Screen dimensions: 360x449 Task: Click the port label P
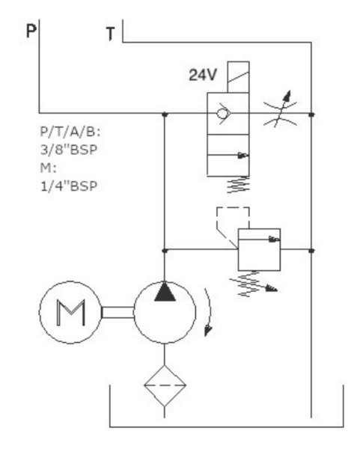pos(31,31)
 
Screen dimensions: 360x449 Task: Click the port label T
pos(110,34)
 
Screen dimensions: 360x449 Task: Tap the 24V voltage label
pos(203,75)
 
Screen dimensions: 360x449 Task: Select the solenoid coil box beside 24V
pos(238,77)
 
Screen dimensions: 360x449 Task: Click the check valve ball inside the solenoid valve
pos(222,114)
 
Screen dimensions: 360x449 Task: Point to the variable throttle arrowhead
pos(287,96)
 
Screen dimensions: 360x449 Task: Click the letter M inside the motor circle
pos(71,312)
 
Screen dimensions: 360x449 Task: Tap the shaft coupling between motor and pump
pos(118,312)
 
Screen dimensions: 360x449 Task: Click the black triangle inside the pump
pos(165,291)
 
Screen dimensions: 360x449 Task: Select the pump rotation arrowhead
pos(208,330)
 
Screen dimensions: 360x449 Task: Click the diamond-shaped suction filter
pos(165,385)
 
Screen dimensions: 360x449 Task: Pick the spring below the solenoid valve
pos(238,185)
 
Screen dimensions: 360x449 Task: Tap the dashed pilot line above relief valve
pos(233,207)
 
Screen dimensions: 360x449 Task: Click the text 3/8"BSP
pos(69,150)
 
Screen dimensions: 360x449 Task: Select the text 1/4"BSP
pos(69,186)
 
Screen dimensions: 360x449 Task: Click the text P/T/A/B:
pos(70,132)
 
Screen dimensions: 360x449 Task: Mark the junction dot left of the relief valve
pos(165,251)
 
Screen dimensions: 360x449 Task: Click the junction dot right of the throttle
pos(311,114)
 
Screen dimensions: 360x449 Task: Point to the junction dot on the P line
pos(165,114)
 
